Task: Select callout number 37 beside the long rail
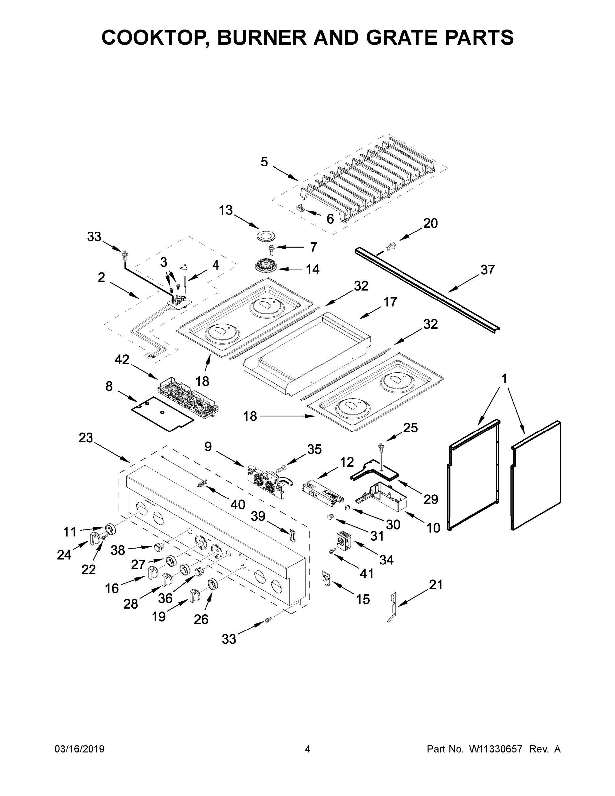[x=487, y=270]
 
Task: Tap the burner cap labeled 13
[x=267, y=236]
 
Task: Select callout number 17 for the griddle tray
[x=390, y=302]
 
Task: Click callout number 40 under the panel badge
[x=238, y=505]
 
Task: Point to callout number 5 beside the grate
[x=264, y=162]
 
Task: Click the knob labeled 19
[x=195, y=596]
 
